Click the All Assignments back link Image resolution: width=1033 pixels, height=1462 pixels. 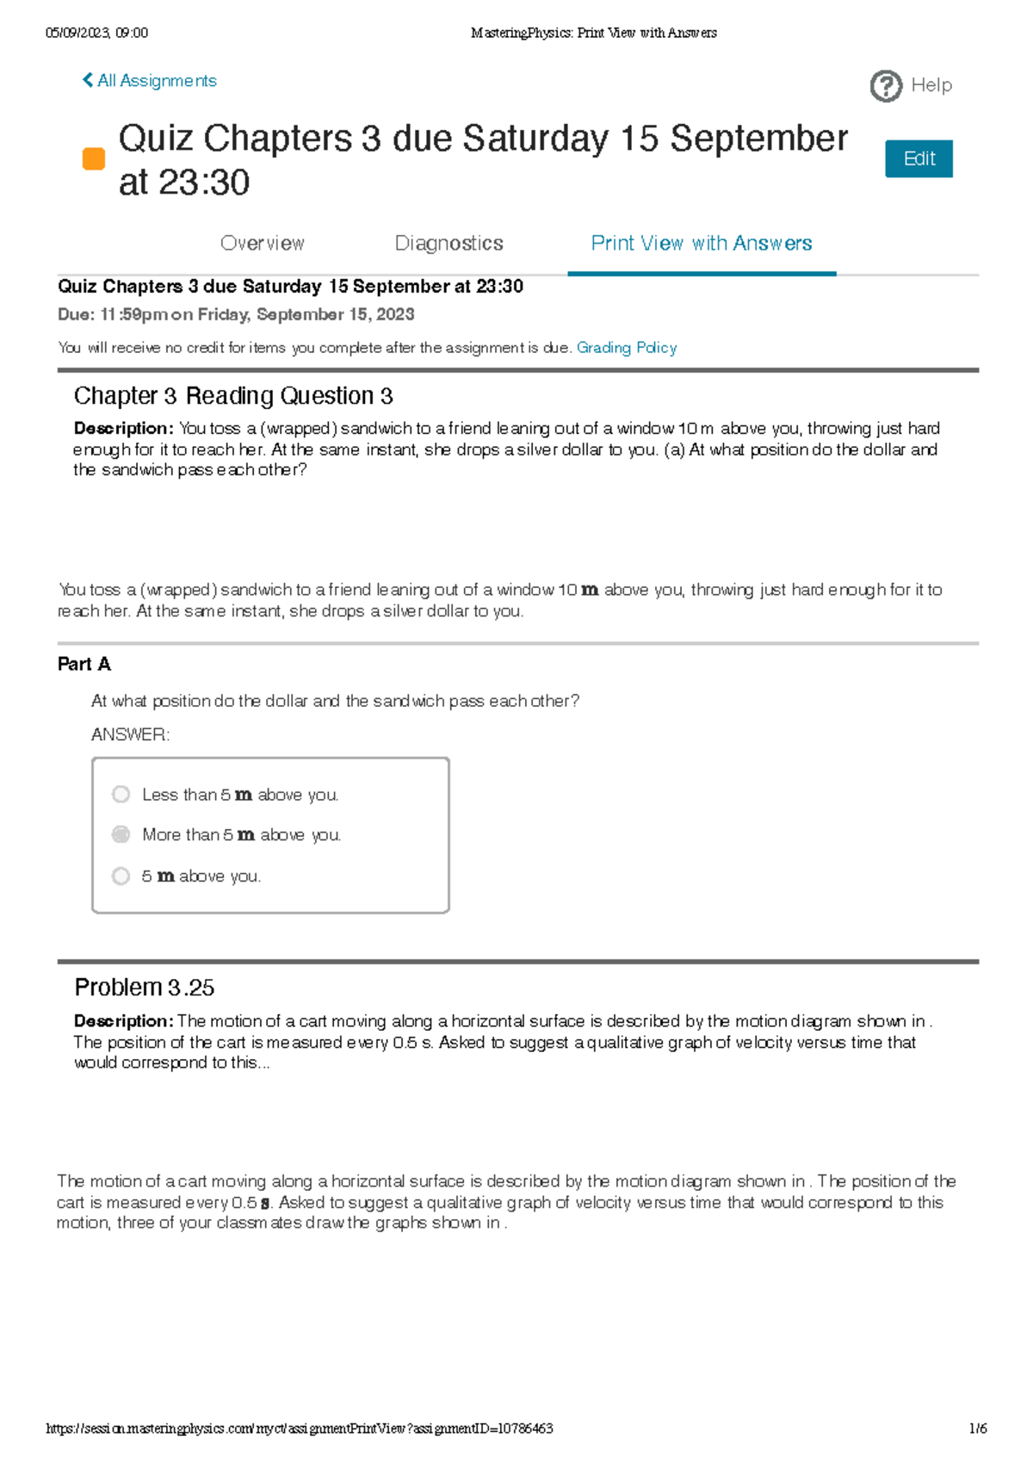(x=149, y=81)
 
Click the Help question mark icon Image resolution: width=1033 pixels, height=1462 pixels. (x=886, y=86)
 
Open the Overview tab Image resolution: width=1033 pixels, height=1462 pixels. (x=263, y=244)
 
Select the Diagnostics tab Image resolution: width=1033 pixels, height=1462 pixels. (x=448, y=244)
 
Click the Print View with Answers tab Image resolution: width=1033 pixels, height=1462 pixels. (x=701, y=244)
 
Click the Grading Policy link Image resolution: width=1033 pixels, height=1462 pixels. (x=626, y=348)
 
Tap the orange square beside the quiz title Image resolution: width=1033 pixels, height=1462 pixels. (x=93, y=159)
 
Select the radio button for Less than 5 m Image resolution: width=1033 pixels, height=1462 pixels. (x=121, y=794)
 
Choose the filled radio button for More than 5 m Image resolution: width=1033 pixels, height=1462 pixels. (x=121, y=834)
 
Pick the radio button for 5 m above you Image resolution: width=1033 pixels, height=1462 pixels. (x=121, y=876)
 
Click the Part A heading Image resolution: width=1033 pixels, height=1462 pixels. (x=84, y=664)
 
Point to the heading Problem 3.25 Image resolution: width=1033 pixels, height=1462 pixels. (x=144, y=988)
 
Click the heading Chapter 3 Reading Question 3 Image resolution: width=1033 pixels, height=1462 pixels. (x=233, y=396)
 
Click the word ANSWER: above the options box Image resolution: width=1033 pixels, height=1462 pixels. (x=130, y=734)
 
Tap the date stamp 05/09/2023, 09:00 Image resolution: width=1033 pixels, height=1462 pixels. (x=96, y=33)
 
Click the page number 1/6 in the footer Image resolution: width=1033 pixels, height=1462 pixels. (x=977, y=1428)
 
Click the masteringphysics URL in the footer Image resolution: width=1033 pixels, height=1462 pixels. (x=299, y=1428)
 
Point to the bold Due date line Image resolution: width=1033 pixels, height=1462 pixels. (x=236, y=314)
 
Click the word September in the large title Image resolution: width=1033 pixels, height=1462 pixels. (x=758, y=139)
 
